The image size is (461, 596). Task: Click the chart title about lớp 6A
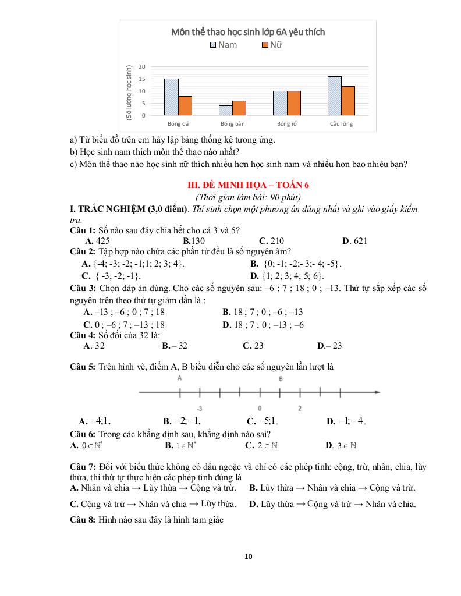pyautogui.click(x=248, y=32)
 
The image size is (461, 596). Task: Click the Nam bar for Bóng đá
pyautogui.click(x=171, y=97)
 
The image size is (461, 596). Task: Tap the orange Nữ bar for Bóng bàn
pyautogui.click(x=239, y=108)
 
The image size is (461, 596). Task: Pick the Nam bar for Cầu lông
pyautogui.click(x=335, y=96)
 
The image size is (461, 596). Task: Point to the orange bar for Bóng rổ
pyautogui.click(x=294, y=103)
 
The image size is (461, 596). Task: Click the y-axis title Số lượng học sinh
pyautogui.click(x=129, y=93)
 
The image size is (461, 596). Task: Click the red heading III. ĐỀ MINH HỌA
pyautogui.click(x=248, y=185)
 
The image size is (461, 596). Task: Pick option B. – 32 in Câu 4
pyautogui.click(x=175, y=346)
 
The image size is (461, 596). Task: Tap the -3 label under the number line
pyautogui.click(x=199, y=409)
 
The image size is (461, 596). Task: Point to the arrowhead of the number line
pyautogui.click(x=378, y=392)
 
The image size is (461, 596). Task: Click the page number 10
pyautogui.click(x=249, y=556)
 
